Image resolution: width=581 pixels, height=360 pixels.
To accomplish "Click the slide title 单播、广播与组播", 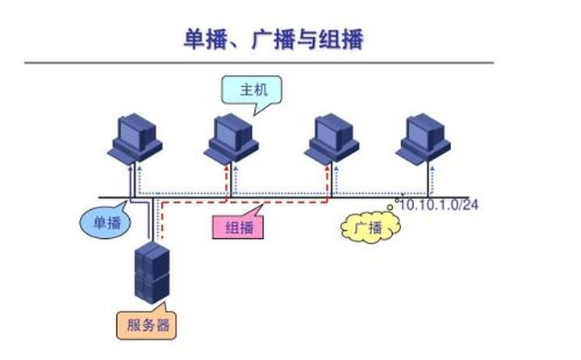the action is [x=274, y=39].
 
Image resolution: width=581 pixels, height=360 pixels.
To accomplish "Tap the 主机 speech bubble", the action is [x=252, y=90].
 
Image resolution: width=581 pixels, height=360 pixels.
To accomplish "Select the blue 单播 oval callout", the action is [x=106, y=222].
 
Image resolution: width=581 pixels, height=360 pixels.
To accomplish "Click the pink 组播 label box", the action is [x=238, y=227].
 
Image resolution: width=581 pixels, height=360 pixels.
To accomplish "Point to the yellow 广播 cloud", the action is [x=370, y=227].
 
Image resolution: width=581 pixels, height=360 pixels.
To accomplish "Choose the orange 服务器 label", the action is [x=146, y=324].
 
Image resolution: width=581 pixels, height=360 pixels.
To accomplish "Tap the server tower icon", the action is [x=152, y=273].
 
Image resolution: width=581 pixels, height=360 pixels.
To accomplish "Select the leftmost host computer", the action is [x=135, y=138].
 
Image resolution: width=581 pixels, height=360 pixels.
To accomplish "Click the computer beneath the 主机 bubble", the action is [x=232, y=139].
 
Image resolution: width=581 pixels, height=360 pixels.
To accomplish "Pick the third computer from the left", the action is [x=332, y=139].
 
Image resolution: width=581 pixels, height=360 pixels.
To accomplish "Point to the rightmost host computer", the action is [x=424, y=138].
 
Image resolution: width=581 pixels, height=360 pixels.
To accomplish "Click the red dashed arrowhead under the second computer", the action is [x=227, y=168].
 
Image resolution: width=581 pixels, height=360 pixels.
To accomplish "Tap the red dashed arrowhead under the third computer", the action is [x=327, y=168].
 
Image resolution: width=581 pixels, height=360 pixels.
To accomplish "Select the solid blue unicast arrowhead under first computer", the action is [x=130, y=168].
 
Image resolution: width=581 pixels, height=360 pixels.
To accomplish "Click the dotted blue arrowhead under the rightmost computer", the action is [x=433, y=169].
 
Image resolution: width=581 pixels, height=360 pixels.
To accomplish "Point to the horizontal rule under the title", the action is [x=259, y=63].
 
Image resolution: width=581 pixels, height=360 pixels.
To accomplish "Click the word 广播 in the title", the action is [x=274, y=39].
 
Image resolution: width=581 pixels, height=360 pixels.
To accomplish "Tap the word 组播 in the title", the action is [x=341, y=39].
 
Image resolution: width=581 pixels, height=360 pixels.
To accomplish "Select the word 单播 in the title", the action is [x=206, y=39].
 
